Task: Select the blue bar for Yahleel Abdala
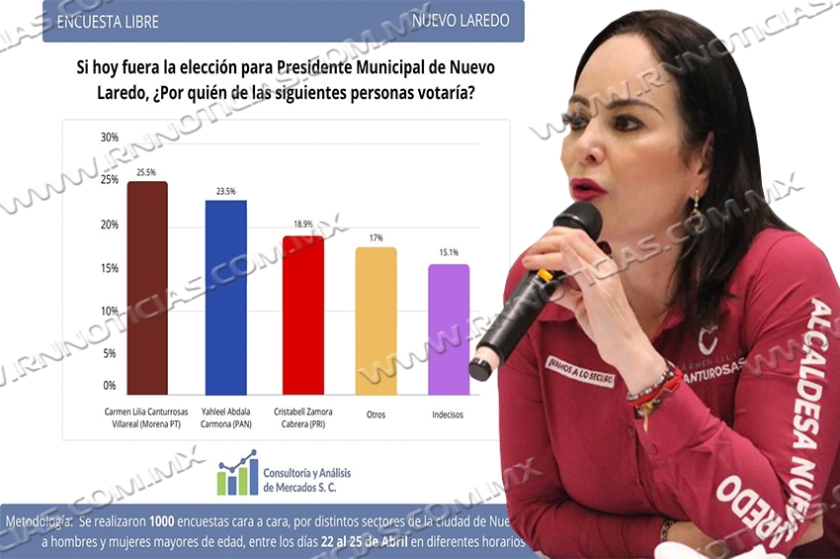tap(225, 298)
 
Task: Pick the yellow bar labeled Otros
tap(376, 322)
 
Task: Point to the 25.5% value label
tap(147, 173)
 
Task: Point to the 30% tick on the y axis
tap(110, 138)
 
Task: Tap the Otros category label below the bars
tap(376, 414)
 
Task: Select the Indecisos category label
tap(448, 414)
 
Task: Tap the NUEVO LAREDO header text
tap(462, 21)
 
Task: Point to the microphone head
tap(578, 223)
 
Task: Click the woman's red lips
tap(587, 188)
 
